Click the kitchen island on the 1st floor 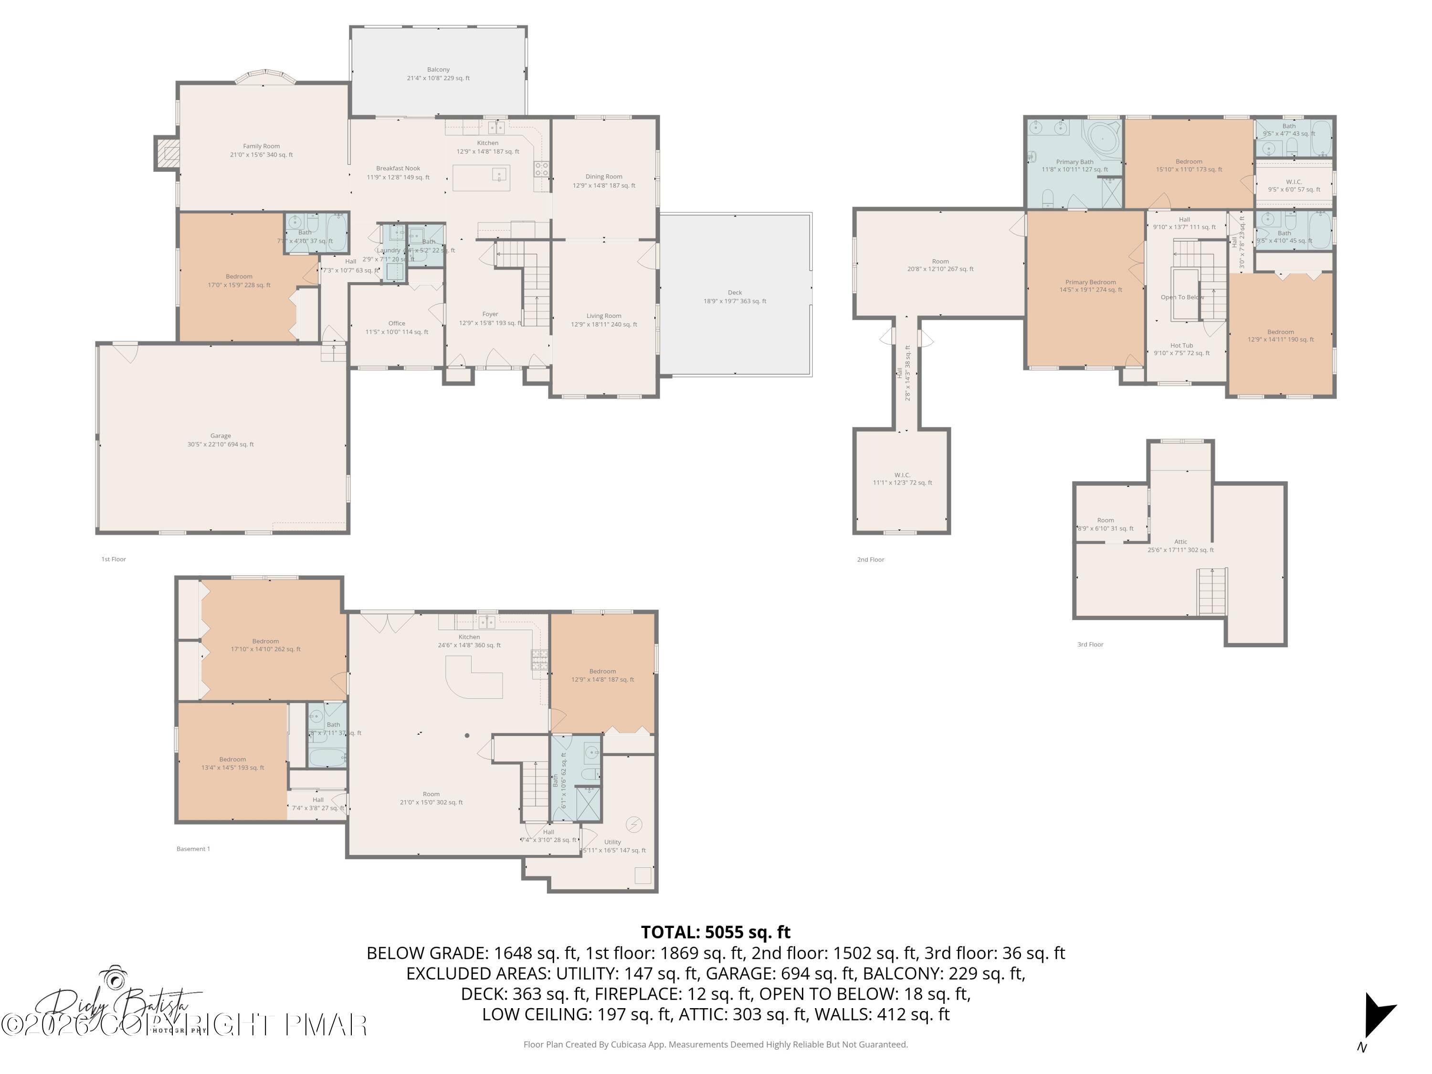coord(481,178)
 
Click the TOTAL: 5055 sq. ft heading coord(716,932)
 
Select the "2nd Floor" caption coord(870,559)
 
